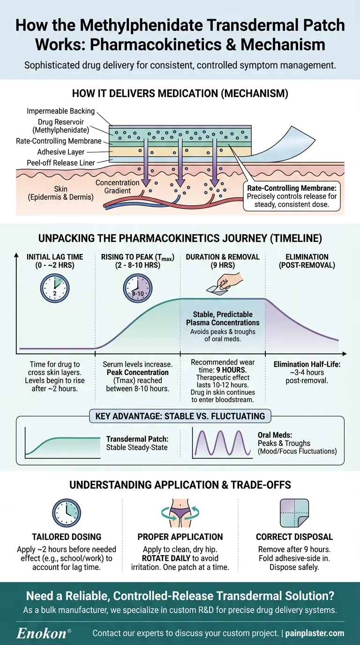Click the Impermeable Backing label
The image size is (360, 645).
pyautogui.click(x=61, y=111)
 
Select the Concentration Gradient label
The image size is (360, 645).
pyautogui.click(x=118, y=186)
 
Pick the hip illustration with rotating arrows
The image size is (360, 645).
pyautogui.click(x=180, y=512)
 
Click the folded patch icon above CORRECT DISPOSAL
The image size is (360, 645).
pyautogui.click(x=295, y=512)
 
